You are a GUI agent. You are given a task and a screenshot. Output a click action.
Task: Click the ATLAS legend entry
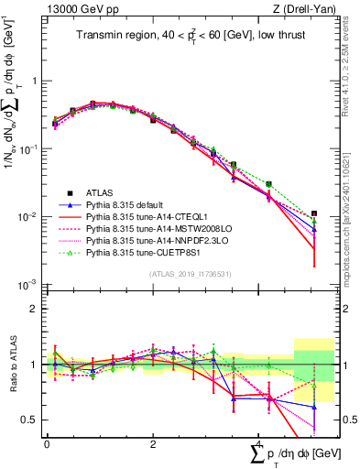(x=101, y=192)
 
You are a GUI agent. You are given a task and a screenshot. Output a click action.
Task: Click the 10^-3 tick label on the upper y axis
(x=29, y=285)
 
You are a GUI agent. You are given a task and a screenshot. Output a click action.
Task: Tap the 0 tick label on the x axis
(x=47, y=443)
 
